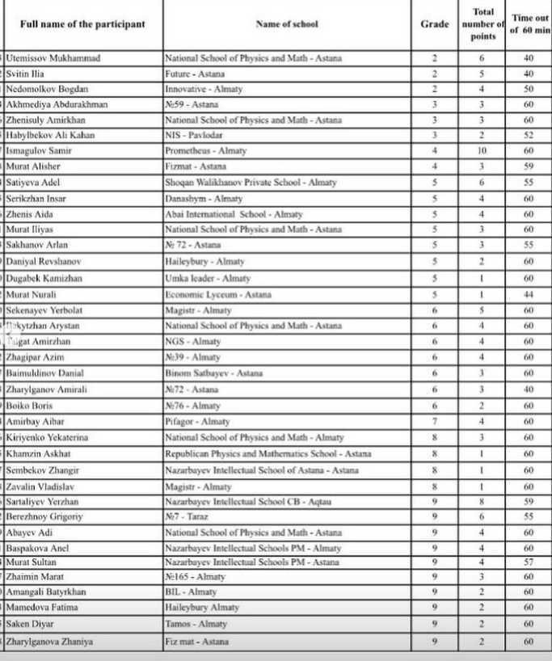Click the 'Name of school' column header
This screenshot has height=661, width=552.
pos(287,24)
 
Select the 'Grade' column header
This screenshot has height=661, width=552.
pos(435,24)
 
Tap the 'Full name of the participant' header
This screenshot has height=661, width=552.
pos(82,24)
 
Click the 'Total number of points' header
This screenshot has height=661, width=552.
pos(482,24)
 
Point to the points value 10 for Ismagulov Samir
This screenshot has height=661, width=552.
pos(482,151)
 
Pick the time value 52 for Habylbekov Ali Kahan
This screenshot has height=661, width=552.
pos(529,136)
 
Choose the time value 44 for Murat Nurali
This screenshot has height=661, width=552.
pos(529,295)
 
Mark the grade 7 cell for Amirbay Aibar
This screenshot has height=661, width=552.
pos(435,421)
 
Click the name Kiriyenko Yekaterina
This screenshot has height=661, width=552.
pos(47,437)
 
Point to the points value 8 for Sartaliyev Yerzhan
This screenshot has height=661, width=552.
pos(482,501)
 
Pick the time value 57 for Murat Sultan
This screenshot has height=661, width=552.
pos(529,562)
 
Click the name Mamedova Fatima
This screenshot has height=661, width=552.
pos(38,608)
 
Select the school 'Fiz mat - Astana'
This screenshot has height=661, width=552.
pos(196,642)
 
